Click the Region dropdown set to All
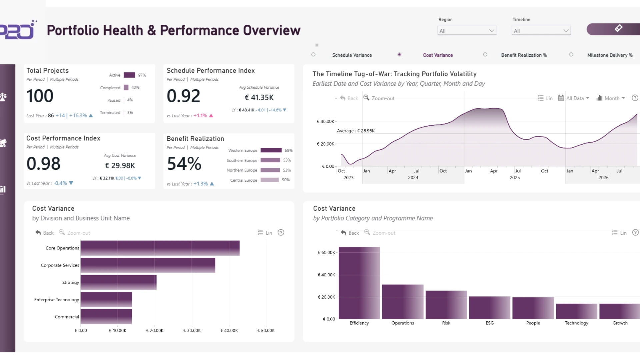tap(467, 31)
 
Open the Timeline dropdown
tap(541, 31)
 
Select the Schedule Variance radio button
tap(313, 55)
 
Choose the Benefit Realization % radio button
tap(485, 55)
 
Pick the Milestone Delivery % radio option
tap(571, 55)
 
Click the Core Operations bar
tap(160, 248)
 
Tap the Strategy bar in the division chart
tap(118, 282)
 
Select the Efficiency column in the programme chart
tap(359, 283)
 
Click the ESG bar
tap(490, 308)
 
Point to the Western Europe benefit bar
tap(271, 150)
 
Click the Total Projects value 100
tap(40, 96)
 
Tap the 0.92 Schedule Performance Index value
tap(183, 96)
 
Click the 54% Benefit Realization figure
tap(184, 164)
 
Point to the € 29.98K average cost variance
tap(120, 166)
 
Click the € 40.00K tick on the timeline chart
tap(325, 121)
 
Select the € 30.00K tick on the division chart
tap(192, 331)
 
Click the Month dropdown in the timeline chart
tap(611, 98)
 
